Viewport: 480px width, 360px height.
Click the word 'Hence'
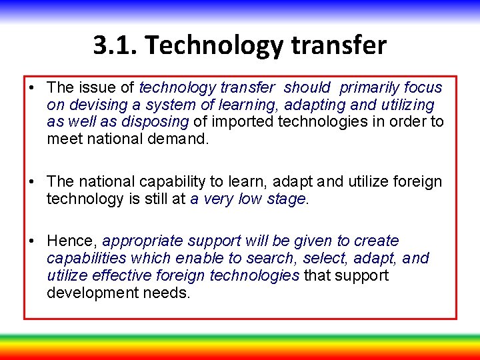tap(71, 241)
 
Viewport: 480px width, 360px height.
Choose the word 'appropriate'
tap(143, 241)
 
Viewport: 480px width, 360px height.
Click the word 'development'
tap(91, 292)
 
